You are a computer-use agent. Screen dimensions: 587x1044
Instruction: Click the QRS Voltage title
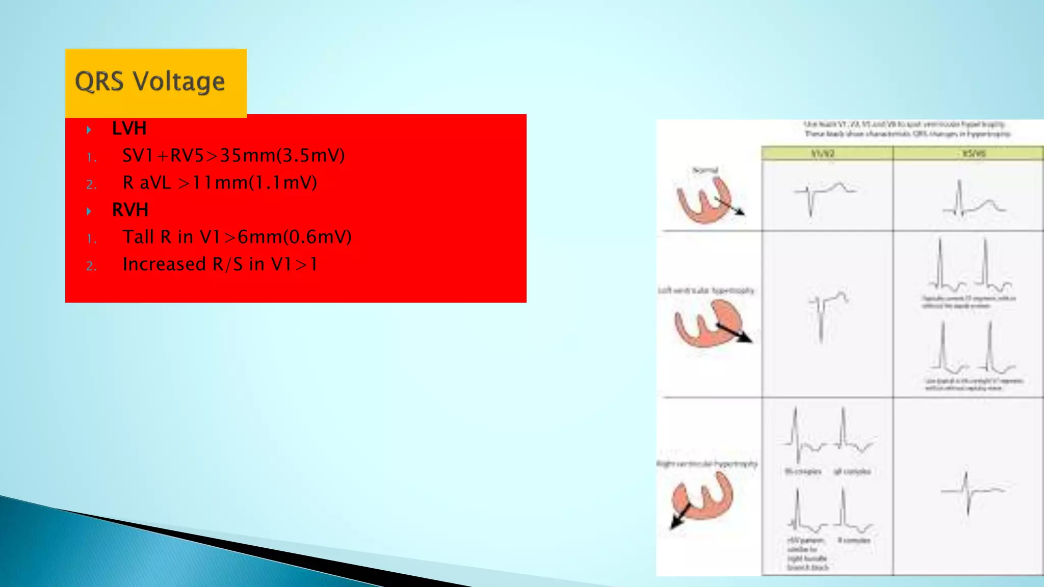click(149, 82)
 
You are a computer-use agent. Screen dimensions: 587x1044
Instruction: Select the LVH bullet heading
click(129, 128)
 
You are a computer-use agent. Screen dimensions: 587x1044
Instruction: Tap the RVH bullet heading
click(130, 210)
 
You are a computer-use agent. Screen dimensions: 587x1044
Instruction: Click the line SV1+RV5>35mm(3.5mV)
click(233, 155)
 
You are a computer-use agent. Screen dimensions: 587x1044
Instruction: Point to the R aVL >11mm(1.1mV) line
click(220, 182)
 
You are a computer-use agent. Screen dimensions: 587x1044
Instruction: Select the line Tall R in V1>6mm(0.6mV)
click(237, 237)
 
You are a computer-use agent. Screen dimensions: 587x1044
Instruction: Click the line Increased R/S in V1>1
click(220, 264)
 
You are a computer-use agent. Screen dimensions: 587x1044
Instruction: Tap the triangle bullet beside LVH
click(89, 129)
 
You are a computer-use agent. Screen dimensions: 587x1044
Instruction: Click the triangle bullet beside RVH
click(89, 211)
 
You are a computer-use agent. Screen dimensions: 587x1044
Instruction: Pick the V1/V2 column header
click(823, 153)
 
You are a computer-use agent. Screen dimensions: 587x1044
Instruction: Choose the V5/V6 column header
click(973, 153)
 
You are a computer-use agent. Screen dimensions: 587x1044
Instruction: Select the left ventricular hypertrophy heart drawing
click(711, 324)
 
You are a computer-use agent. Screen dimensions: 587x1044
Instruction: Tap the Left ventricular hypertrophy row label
click(706, 290)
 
